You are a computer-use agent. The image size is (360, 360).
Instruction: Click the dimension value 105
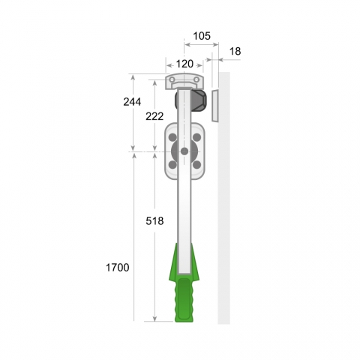202,36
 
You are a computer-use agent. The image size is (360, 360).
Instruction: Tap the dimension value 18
235,51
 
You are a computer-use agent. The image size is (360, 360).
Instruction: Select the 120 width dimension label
184,64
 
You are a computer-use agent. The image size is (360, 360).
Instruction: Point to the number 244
132,102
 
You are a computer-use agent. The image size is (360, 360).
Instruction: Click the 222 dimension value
154,116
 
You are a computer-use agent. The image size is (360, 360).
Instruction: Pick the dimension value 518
154,220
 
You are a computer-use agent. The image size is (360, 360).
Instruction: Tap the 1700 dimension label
118,268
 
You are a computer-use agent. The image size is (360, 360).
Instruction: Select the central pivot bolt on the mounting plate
184,151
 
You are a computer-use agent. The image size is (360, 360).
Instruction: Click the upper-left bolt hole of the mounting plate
172,137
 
